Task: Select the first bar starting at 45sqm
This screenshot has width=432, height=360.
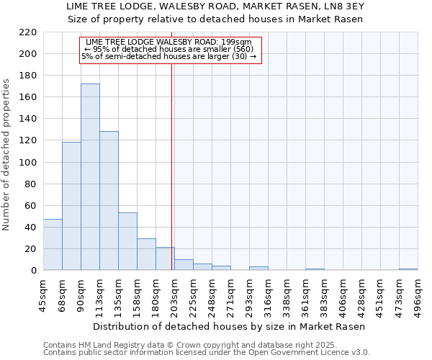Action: (53, 245)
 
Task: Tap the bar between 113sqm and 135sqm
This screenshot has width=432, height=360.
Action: (109, 201)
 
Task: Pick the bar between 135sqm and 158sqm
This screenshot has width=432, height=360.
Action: (127, 241)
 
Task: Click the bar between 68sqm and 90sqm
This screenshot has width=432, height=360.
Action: (71, 206)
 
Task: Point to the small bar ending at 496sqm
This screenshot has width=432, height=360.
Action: (408, 269)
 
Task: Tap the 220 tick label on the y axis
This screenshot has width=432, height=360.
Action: (28, 32)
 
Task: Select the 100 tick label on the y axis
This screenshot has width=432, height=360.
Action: (28, 162)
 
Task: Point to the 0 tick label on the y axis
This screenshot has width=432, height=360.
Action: (33, 271)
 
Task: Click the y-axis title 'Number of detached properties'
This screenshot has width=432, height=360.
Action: (7, 155)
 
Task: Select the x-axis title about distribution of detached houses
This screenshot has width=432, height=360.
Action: (230, 326)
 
